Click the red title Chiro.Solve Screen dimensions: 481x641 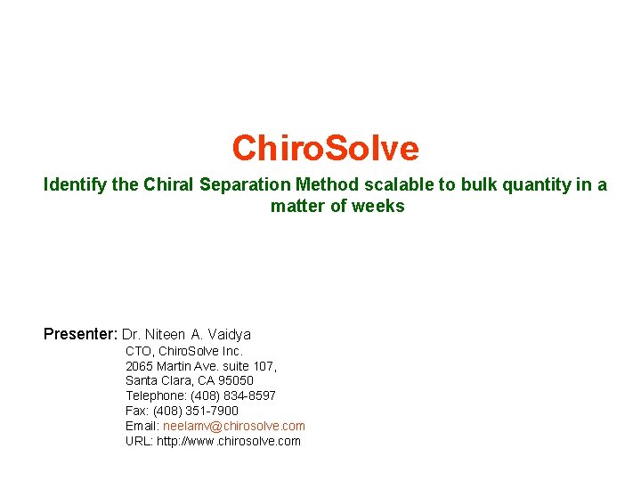tap(325, 148)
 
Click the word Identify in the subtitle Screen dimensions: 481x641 tap(76, 185)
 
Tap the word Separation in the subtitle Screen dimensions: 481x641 tap(241, 185)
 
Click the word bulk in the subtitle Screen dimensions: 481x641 tap(481, 185)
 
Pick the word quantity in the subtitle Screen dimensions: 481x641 tap(541, 185)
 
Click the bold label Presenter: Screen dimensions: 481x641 tap(80, 335)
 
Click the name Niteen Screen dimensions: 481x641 tap(163, 335)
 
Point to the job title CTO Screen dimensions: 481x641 tap(139, 351)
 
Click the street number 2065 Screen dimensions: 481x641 tap(139, 366)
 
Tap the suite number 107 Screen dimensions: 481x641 tap(264, 366)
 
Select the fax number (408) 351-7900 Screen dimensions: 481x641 tap(196, 412)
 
